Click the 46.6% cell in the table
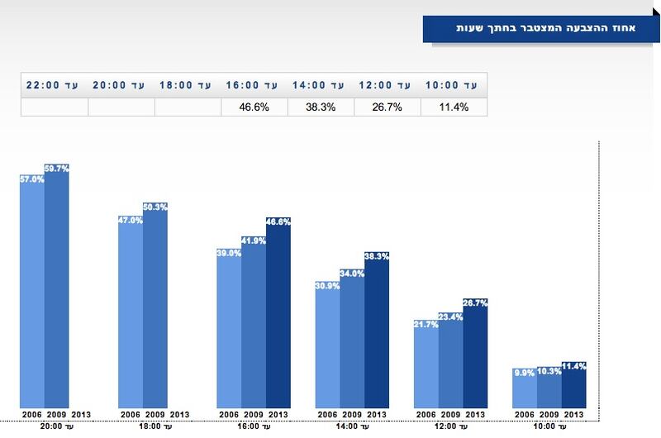pyautogui.click(x=254, y=107)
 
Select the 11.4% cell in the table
pyautogui.click(x=453, y=107)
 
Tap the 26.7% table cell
pyautogui.click(x=387, y=107)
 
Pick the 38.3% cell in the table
pyautogui.click(x=321, y=107)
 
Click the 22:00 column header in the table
pyautogui.click(x=55, y=84)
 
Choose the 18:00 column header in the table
pyautogui.click(x=188, y=84)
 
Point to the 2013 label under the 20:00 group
pyautogui.click(x=81, y=414)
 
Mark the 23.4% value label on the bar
pyautogui.click(x=451, y=316)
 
